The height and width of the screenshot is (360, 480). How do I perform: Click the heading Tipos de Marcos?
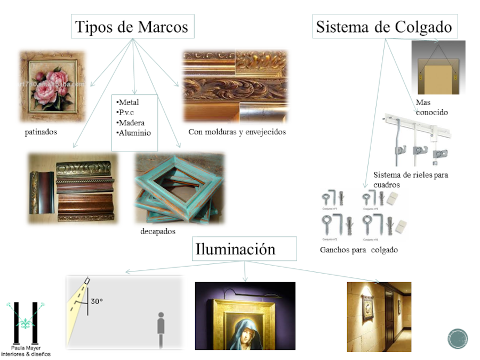pyautogui.click(x=132, y=27)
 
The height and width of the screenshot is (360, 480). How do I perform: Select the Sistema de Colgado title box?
pyautogui.click(x=384, y=27)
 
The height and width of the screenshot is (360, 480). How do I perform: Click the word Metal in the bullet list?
pyautogui.click(x=130, y=102)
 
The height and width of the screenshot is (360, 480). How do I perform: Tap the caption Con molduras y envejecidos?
pyautogui.click(x=237, y=132)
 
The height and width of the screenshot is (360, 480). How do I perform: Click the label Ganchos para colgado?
pyautogui.click(x=358, y=250)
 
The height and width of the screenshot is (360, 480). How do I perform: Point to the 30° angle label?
pyautogui.click(x=97, y=301)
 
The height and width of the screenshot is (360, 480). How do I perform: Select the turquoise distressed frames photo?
pyautogui.click(x=179, y=187)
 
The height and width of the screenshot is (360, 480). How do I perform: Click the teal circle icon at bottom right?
pyautogui.click(x=458, y=339)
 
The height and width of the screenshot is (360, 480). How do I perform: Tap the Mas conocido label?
pyautogui.click(x=431, y=107)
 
